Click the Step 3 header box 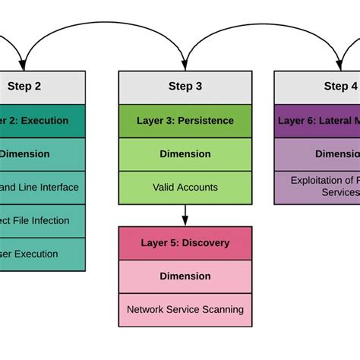coord(185,87)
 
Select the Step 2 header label coord(24,87)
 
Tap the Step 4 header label coord(340,87)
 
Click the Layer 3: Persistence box coord(185,120)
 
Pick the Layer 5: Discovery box coord(185,243)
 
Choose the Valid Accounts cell coord(185,187)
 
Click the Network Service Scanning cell coord(185,309)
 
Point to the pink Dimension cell coord(185,276)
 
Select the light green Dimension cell coord(185,153)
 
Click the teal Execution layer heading coord(34,120)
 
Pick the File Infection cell coord(34,220)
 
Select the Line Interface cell coord(38,187)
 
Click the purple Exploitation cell coord(323,187)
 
